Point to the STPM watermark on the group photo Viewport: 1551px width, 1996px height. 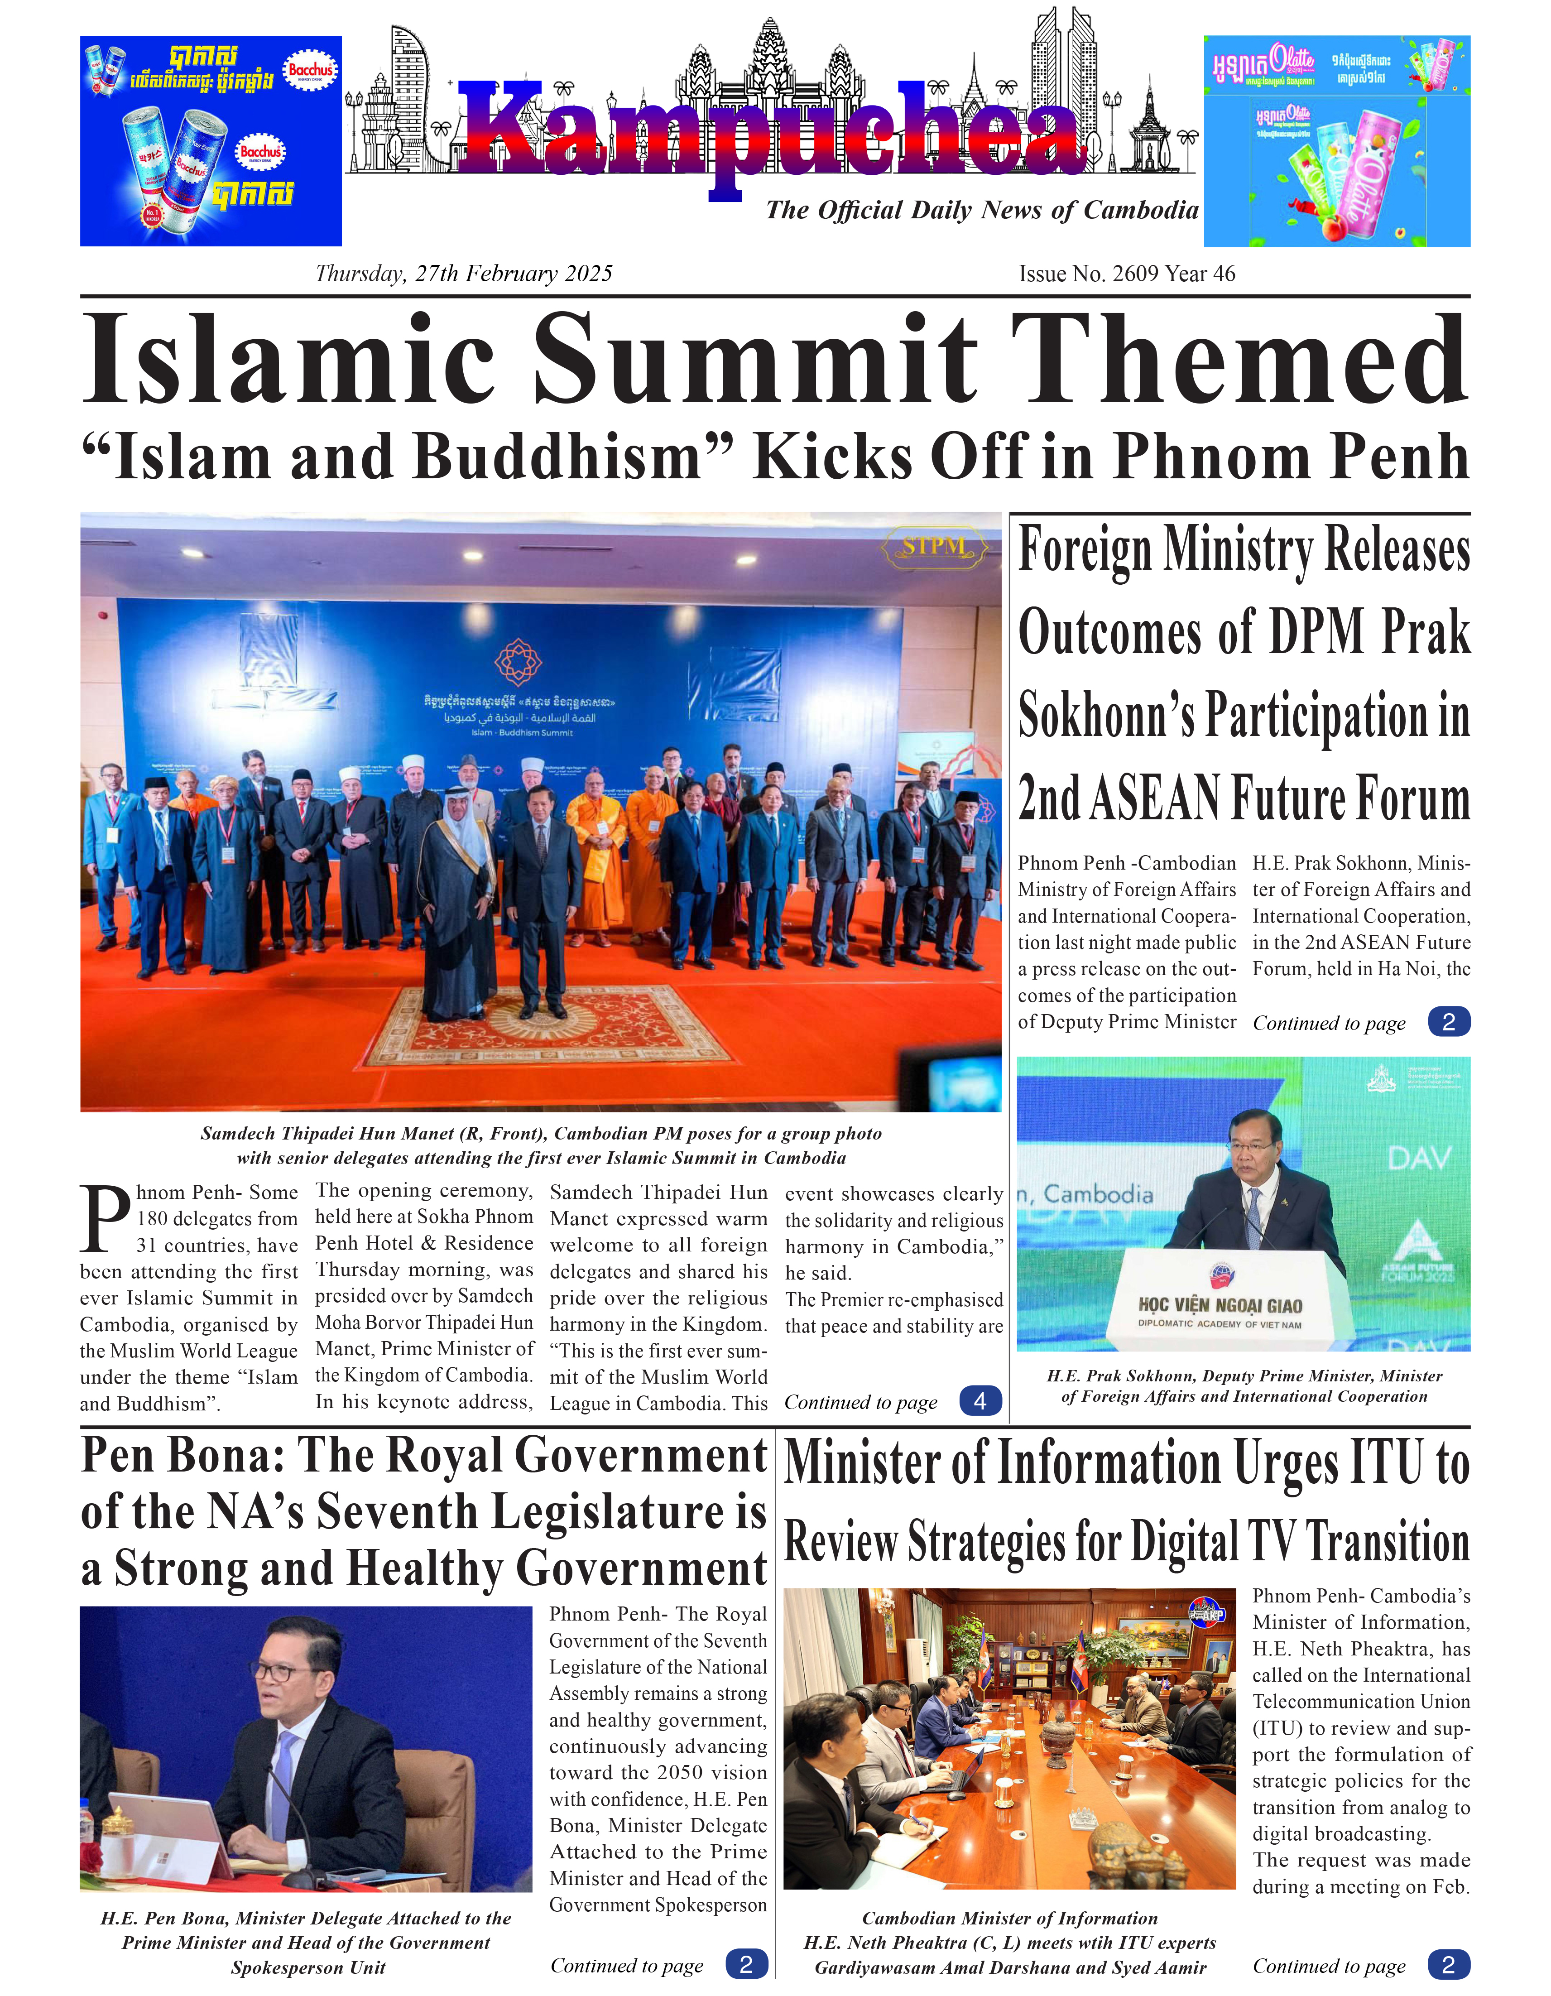[933, 547]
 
